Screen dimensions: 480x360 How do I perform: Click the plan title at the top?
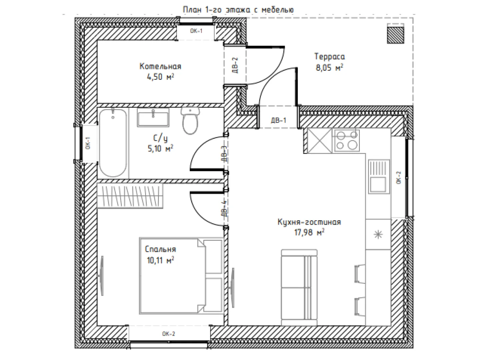click(238, 10)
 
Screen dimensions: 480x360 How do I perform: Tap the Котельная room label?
click(160, 66)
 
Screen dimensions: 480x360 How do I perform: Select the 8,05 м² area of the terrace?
click(329, 68)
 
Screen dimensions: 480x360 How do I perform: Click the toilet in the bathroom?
click(190, 120)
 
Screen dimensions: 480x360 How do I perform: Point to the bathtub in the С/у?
click(113, 143)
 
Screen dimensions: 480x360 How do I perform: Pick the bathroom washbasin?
click(153, 117)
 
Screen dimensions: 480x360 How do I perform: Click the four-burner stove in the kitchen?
click(346, 140)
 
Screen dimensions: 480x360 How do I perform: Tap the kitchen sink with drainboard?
click(379, 177)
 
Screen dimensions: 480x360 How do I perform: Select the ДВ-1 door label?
click(278, 120)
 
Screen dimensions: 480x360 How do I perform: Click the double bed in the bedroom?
click(181, 276)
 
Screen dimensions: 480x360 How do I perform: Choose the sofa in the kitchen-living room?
click(299, 287)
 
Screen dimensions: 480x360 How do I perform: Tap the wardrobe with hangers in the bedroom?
click(130, 196)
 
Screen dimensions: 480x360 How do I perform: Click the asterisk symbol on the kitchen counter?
click(378, 235)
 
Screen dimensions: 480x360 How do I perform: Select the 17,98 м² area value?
click(309, 232)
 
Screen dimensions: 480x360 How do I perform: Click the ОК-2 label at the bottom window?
click(169, 334)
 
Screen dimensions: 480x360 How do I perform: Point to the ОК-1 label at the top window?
click(196, 31)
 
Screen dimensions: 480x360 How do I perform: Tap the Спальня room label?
click(160, 249)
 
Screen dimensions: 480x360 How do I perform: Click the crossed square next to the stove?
click(320, 140)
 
